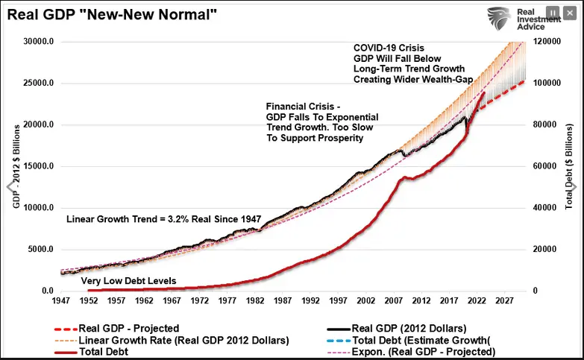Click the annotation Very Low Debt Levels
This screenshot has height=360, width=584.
coord(128,281)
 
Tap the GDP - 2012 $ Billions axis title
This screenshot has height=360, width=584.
coord(16,165)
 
